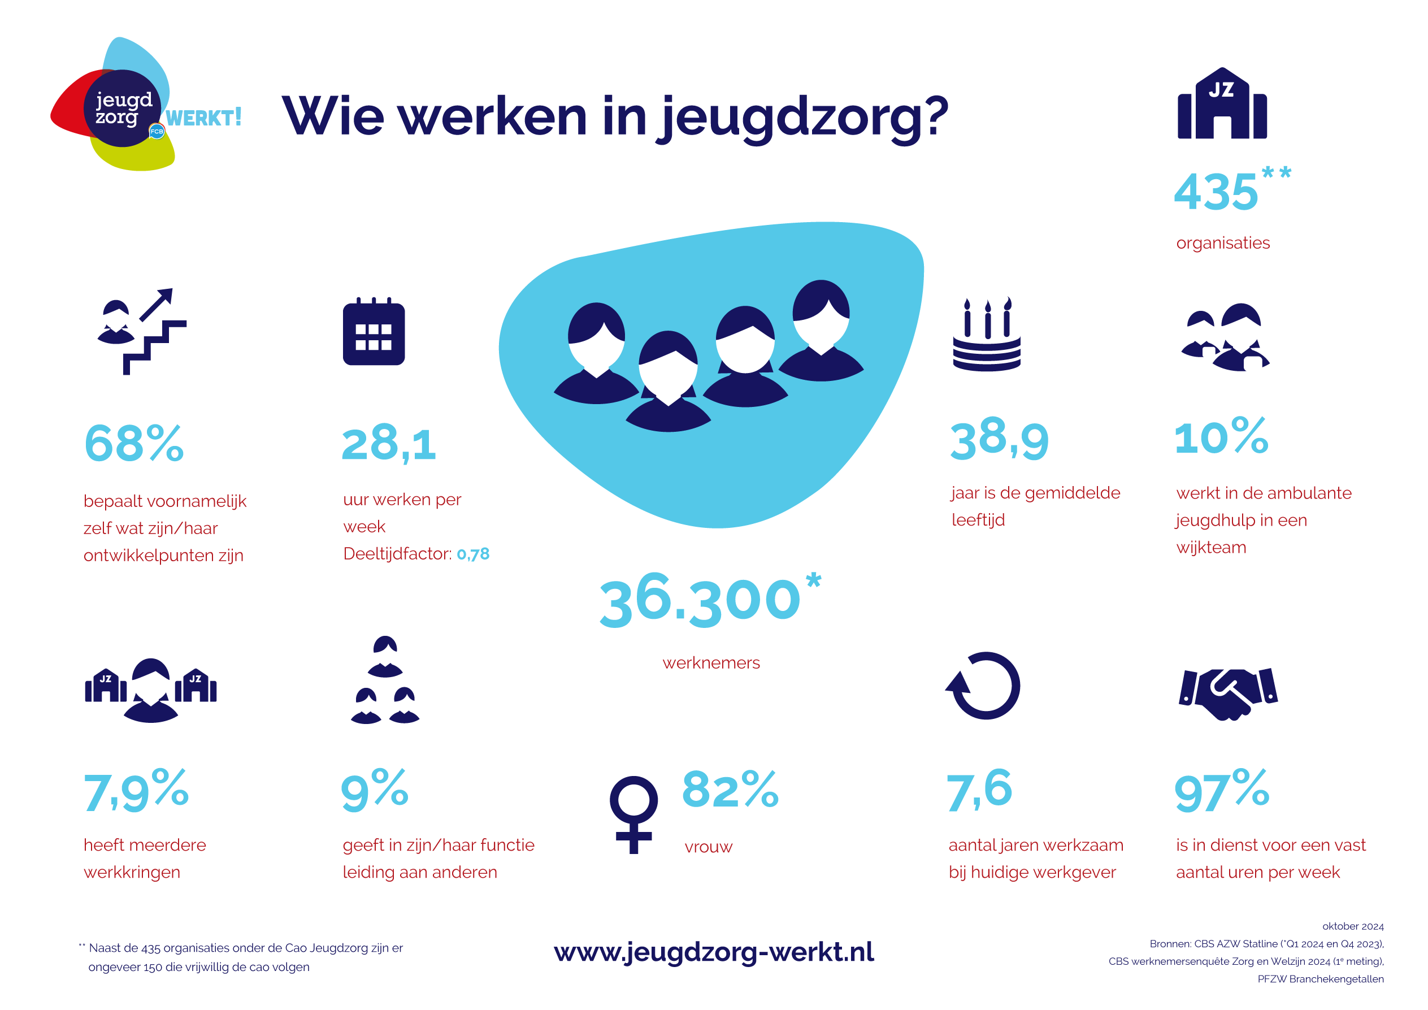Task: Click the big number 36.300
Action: coord(700,600)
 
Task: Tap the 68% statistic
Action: coord(134,444)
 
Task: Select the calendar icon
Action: coord(374,331)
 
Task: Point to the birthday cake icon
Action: coord(987,334)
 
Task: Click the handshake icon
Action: coord(1228,694)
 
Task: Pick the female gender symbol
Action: coord(634,814)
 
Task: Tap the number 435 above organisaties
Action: coord(1216,192)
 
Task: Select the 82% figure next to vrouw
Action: coord(730,789)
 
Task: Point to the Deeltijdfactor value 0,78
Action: coord(474,554)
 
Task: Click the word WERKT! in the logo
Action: coord(203,118)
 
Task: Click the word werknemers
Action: coord(711,663)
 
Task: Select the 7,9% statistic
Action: coord(136,791)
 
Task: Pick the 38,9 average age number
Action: coord(1000,440)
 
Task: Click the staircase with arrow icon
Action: coord(142,331)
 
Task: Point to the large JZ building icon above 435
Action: coord(1222,103)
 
